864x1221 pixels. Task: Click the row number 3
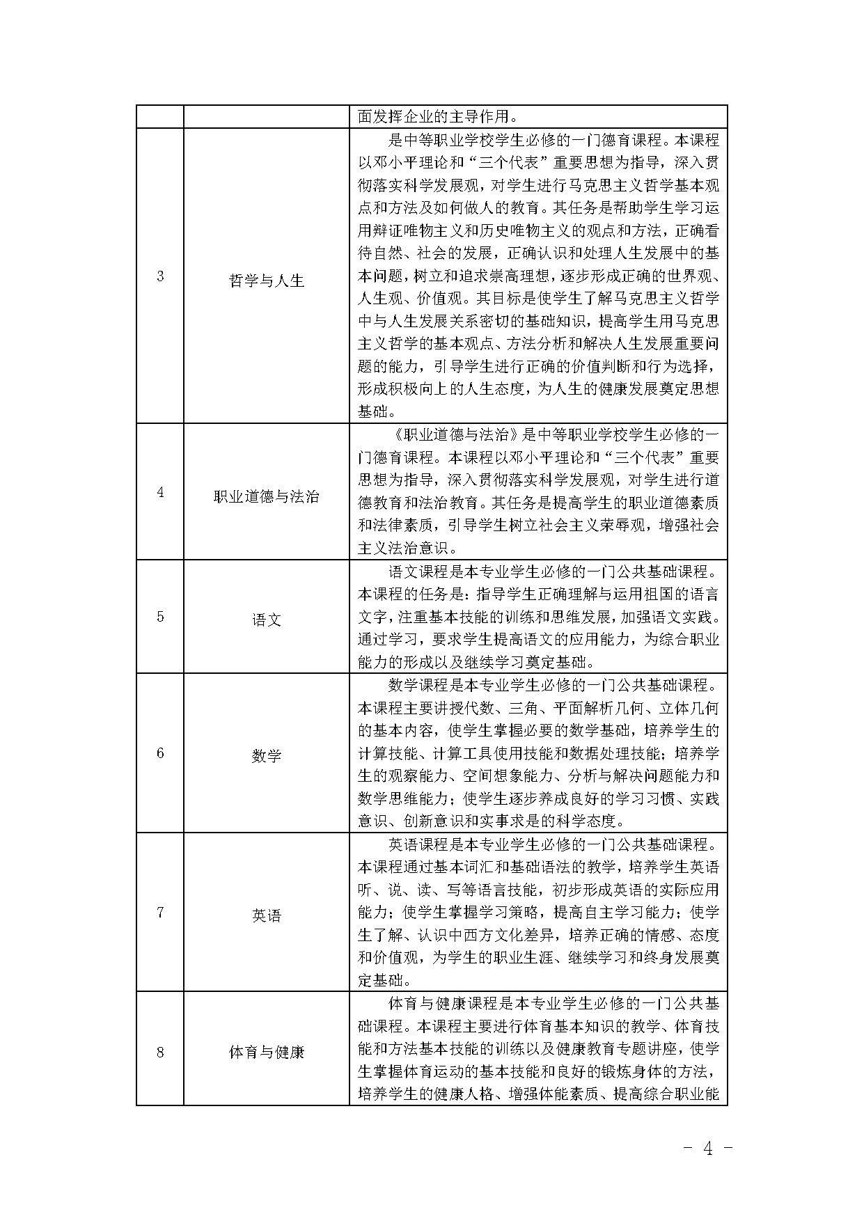160,276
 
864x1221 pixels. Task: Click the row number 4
160,492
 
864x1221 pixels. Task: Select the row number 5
160,616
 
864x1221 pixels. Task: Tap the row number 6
160,753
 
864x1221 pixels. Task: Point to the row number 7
160,912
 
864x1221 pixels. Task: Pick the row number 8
160,1052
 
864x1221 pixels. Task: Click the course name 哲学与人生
267,281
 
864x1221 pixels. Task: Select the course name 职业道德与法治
267,497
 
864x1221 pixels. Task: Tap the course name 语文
267,620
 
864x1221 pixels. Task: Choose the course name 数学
267,756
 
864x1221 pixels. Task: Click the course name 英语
267,916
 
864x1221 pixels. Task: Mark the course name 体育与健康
267,1053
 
